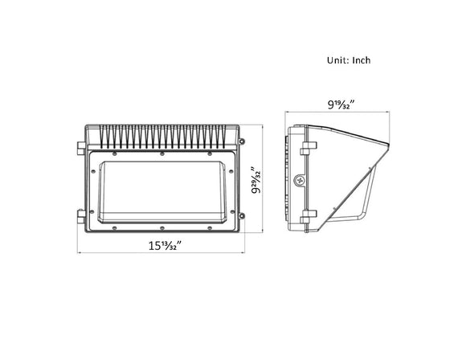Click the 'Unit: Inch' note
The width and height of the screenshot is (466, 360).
(x=348, y=60)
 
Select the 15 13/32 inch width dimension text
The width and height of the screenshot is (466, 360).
(x=161, y=244)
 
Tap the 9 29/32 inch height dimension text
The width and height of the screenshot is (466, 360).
(x=254, y=181)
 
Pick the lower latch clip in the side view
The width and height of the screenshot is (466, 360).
(x=308, y=215)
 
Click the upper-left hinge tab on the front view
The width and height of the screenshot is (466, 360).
(x=80, y=148)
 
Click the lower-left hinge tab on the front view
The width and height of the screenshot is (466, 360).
(x=80, y=215)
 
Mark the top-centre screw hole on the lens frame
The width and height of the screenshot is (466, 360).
(x=161, y=153)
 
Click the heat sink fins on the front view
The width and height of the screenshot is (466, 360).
(x=161, y=137)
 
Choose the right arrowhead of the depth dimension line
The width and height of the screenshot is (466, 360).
(x=389, y=114)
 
